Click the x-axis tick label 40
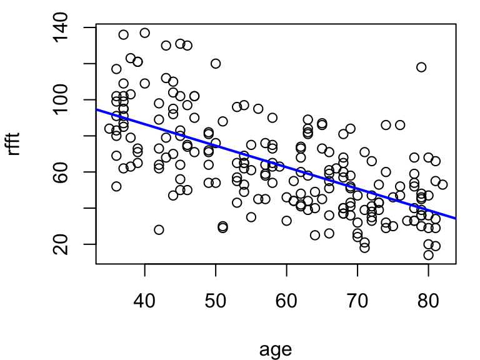click(x=144, y=301)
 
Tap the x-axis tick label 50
click(x=216, y=301)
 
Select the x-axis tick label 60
click(x=286, y=301)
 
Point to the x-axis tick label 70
click(x=357, y=301)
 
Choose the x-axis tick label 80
click(x=428, y=301)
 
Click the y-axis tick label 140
click(x=60, y=27)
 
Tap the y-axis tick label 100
click(x=60, y=100)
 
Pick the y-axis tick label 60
click(x=60, y=172)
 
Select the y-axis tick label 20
click(x=60, y=244)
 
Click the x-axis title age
click(x=276, y=349)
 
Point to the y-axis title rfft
click(x=14, y=144)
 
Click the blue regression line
click(x=276, y=164)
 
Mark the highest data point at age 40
click(x=145, y=33)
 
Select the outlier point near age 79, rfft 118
click(x=421, y=67)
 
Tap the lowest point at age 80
click(x=428, y=255)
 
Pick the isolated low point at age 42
click(x=159, y=229)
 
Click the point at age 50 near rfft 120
click(x=216, y=64)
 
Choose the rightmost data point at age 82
click(x=442, y=184)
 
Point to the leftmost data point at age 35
click(x=109, y=129)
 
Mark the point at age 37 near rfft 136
click(x=123, y=34)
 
